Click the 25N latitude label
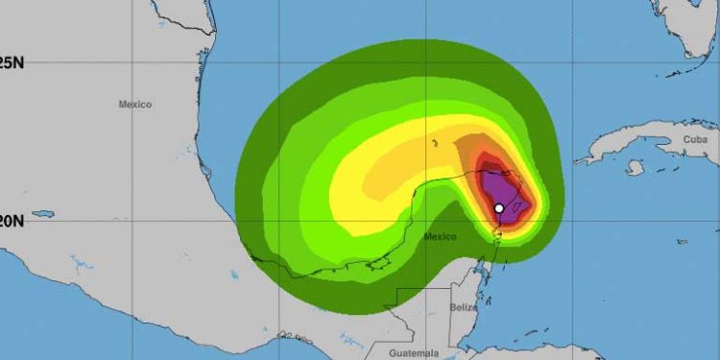coord(11,63)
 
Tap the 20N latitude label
coord(11,220)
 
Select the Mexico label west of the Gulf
coord(135,104)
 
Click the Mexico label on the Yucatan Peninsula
coord(440,236)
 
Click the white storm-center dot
coord(499,208)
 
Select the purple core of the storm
coord(500,189)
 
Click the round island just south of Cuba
coord(634,168)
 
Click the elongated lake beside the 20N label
coord(42,214)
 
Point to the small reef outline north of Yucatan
coord(435,144)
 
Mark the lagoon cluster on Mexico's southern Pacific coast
coord(288,336)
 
